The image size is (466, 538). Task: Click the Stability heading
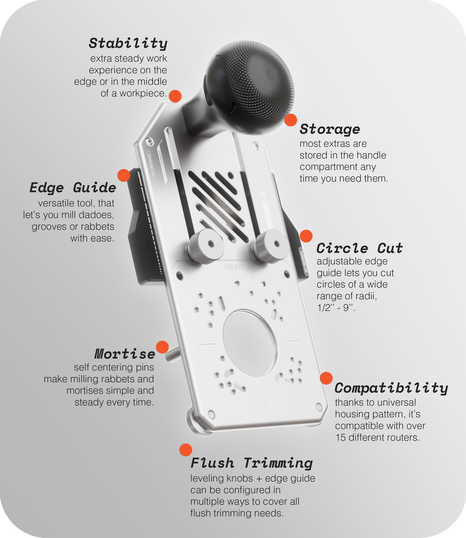(x=128, y=43)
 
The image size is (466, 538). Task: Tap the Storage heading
(x=330, y=129)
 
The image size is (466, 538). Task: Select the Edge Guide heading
(x=73, y=188)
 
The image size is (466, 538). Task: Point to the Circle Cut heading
(x=359, y=248)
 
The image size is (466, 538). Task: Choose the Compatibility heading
(x=391, y=388)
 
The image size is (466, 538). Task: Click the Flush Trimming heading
(x=252, y=463)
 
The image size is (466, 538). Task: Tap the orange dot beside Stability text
(x=175, y=96)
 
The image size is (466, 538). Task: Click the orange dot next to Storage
(x=290, y=120)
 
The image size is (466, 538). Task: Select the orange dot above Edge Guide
(x=123, y=175)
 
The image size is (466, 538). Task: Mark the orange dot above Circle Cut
(x=306, y=236)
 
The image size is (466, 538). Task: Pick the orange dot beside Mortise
(x=162, y=347)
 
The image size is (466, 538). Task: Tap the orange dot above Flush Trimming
(x=186, y=450)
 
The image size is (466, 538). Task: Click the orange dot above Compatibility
(x=326, y=378)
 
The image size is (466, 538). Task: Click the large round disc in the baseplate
(x=250, y=343)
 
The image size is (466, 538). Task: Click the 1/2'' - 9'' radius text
(x=336, y=308)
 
